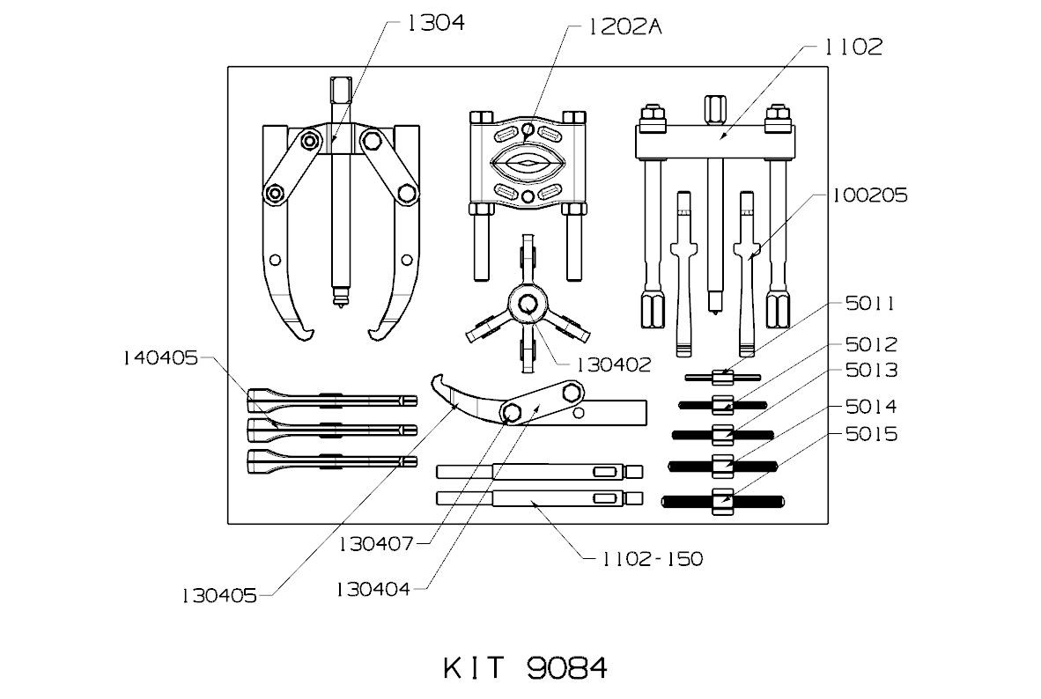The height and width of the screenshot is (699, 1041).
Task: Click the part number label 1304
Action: (435, 23)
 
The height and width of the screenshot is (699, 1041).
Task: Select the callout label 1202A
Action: (624, 27)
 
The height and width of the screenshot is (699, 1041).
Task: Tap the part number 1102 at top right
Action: (853, 47)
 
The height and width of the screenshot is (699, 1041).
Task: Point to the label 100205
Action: (870, 195)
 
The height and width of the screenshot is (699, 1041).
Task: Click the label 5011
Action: (870, 304)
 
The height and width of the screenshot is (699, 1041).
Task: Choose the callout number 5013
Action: (871, 370)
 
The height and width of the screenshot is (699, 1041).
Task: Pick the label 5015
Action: (871, 434)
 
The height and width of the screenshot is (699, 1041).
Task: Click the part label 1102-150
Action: (652, 559)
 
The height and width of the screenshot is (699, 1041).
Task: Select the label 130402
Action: (614, 364)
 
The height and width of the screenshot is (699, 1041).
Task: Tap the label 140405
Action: (160, 358)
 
